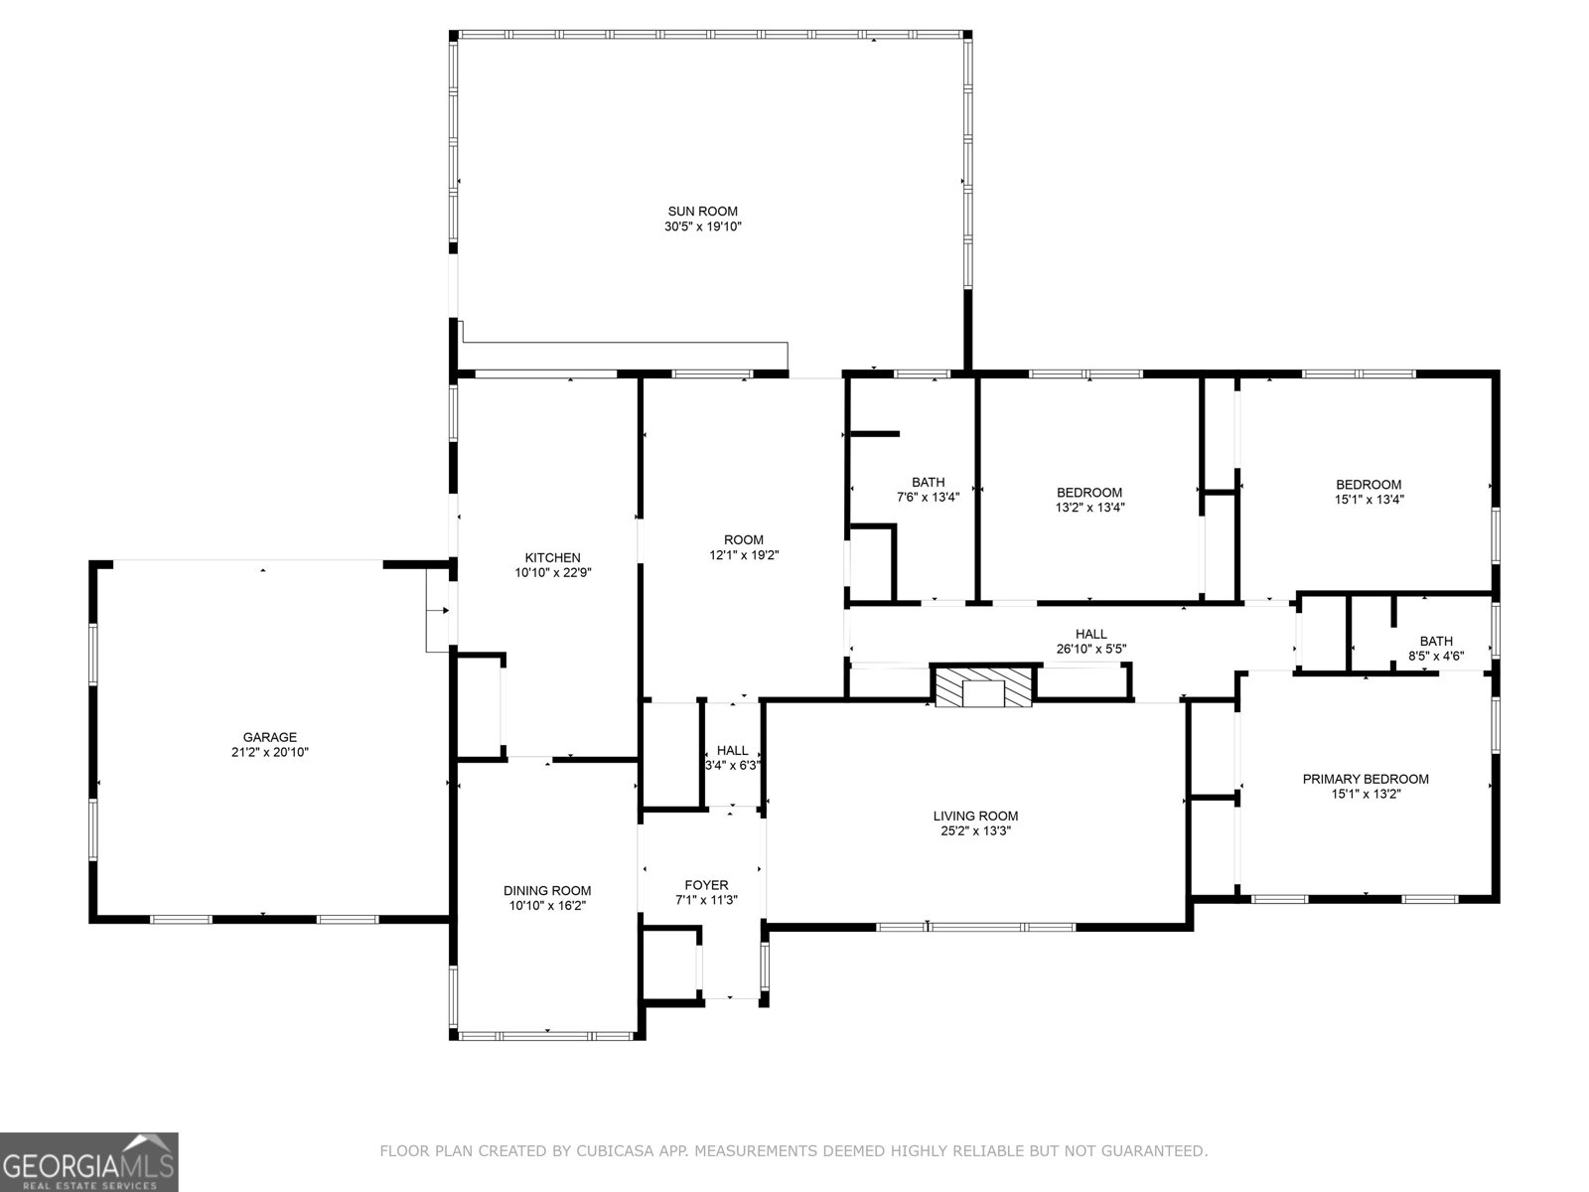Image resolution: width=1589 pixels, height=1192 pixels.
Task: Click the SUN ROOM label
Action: click(x=702, y=211)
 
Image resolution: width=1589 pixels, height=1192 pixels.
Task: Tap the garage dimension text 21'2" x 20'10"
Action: click(x=270, y=753)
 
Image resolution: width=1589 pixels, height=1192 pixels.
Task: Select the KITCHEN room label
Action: click(x=552, y=557)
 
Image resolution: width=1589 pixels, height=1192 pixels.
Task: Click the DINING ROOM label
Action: click(x=547, y=890)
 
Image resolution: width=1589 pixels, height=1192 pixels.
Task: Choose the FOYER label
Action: click(x=706, y=884)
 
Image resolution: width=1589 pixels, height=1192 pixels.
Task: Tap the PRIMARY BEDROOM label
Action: click(x=1366, y=779)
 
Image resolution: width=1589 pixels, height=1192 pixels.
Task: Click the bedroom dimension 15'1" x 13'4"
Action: click(x=1369, y=500)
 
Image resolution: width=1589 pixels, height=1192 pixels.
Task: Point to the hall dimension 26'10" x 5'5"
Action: click(x=1090, y=650)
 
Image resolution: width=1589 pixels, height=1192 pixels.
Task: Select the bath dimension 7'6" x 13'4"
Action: click(x=928, y=498)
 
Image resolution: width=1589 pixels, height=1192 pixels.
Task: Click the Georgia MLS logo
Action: click(x=89, y=1161)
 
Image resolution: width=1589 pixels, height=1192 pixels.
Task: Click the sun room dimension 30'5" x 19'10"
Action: click(x=702, y=226)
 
